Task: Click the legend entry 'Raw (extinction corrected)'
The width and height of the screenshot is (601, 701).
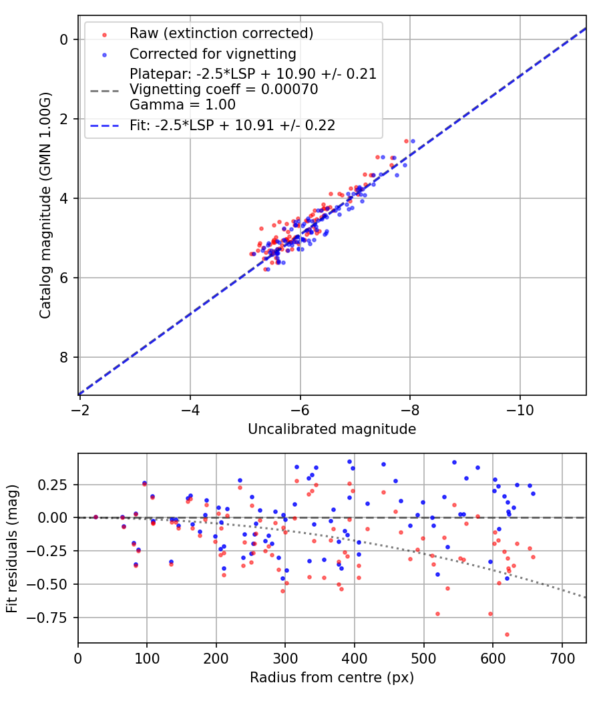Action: coord(221,33)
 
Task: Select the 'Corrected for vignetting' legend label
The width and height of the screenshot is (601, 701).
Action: coord(212,53)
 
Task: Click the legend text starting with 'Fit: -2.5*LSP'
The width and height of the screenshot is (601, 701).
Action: coord(232,125)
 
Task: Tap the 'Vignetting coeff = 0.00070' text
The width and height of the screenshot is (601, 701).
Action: coord(224,89)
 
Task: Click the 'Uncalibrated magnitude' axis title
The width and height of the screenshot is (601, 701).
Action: coord(332,429)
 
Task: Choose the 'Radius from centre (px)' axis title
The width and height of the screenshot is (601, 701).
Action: coord(332,678)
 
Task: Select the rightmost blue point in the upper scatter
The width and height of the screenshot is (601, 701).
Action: coord(413,141)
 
